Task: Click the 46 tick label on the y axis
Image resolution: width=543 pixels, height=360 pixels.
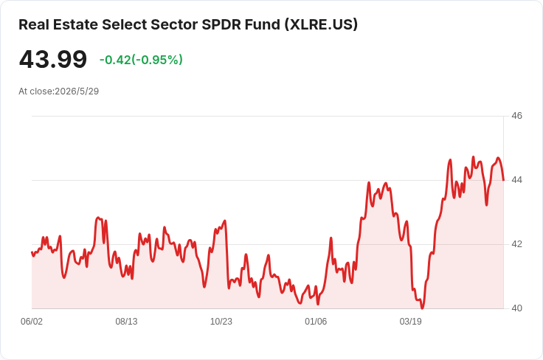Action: pos(516,116)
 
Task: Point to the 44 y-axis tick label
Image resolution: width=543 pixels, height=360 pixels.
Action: pos(516,180)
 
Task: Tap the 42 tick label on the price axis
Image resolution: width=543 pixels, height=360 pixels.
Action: pos(516,244)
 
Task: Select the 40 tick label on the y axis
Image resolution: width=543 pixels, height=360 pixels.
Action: pos(516,308)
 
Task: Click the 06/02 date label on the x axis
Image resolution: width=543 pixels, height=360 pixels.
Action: pos(32,322)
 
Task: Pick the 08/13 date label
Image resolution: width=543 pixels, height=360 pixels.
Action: pos(126,322)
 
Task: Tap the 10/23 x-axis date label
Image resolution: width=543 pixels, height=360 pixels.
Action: pos(221,322)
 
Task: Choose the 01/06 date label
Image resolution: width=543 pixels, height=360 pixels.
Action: pos(316,322)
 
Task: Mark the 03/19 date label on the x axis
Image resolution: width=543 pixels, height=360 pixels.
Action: pos(411,322)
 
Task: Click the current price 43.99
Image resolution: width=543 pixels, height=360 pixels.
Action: pos(53,59)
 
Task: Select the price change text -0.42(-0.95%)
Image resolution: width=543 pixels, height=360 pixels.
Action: pos(141,60)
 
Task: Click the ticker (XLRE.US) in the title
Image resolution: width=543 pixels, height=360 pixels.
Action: pos(322,24)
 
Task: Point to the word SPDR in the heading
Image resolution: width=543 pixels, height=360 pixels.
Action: pos(221,24)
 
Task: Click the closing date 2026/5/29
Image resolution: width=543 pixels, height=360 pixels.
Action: pos(77,91)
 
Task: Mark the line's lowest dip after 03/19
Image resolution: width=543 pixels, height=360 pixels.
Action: pos(422,308)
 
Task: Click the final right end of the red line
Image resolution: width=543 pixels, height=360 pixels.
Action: pos(503,180)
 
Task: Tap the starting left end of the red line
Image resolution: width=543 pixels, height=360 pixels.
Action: pos(32,252)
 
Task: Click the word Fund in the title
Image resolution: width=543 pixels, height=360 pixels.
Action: pos(263,24)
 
